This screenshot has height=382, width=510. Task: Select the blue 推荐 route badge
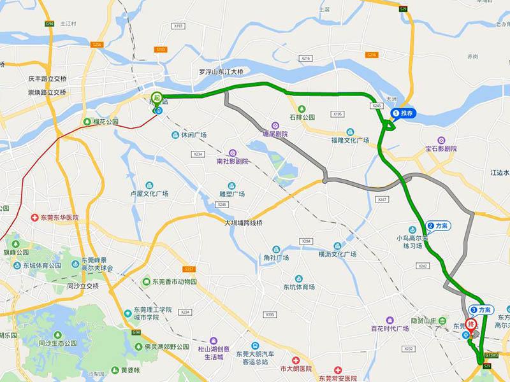(x=404, y=114)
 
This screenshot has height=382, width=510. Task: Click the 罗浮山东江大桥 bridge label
(x=221, y=72)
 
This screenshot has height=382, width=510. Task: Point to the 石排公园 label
(x=303, y=117)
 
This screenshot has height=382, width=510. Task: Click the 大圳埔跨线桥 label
(x=243, y=223)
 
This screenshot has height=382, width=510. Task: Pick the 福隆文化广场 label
(x=350, y=140)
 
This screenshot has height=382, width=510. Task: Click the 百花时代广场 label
(x=389, y=329)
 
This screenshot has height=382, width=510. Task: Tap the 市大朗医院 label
(x=296, y=369)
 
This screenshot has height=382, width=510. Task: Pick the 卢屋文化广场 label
(x=149, y=194)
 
